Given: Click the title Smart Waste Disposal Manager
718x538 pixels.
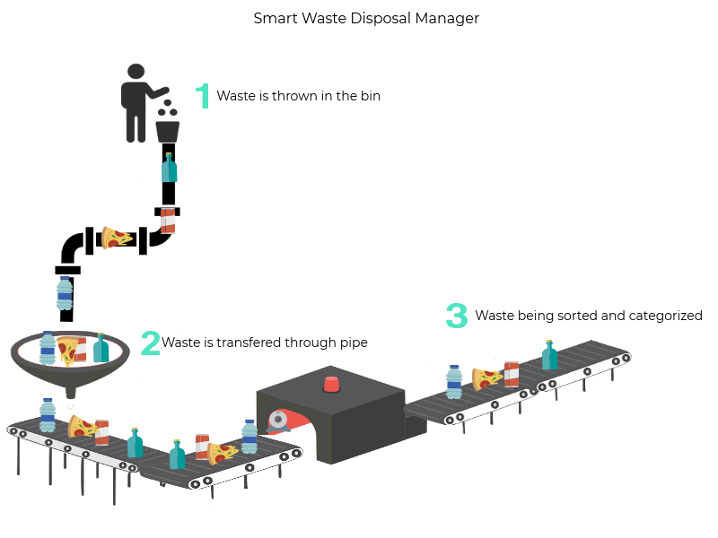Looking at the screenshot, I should pos(365,18).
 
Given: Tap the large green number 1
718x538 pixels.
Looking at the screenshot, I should pos(203,96).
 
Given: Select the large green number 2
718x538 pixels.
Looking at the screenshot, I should pos(150,343).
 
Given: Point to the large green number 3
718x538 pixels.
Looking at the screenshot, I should pos(457,316).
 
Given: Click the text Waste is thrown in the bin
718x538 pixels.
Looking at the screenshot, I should pos(298,96).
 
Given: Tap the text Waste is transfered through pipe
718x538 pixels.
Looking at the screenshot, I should pos(265,343).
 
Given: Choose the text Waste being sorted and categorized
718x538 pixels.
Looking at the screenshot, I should pos(588,316).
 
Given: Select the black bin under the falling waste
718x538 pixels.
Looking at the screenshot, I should pos(168,131).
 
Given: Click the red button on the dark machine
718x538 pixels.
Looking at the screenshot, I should pos(331,384).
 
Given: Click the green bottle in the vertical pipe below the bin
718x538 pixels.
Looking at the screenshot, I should pos(169,169).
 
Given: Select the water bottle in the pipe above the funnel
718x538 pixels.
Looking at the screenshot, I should pos(65,293).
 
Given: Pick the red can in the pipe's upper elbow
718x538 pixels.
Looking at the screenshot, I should pos(168,221).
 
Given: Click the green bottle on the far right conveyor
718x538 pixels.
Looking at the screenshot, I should pos(549,356).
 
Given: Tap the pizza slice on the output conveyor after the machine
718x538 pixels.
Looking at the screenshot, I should pos(486,378).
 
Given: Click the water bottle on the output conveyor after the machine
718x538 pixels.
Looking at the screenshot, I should pos(454,381).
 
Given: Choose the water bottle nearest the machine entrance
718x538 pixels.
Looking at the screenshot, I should pos(249,437).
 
